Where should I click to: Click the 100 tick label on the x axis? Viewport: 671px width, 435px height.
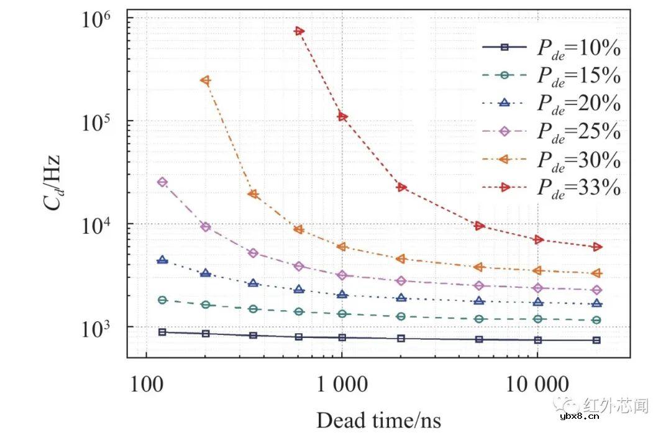pyautogui.click(x=146, y=384)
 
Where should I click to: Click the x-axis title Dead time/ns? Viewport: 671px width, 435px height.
pyautogui.click(x=378, y=420)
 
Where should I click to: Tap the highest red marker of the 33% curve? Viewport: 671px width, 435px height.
pyautogui.click(x=299, y=31)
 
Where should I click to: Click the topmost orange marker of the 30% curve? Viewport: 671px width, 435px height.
pyautogui.click(x=205, y=80)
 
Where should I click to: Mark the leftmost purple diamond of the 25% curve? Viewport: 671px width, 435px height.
pyautogui.click(x=163, y=182)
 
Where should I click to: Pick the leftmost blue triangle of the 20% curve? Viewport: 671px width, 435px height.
pyautogui.click(x=163, y=260)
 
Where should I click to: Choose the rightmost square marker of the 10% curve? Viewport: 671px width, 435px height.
pyautogui.click(x=596, y=340)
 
